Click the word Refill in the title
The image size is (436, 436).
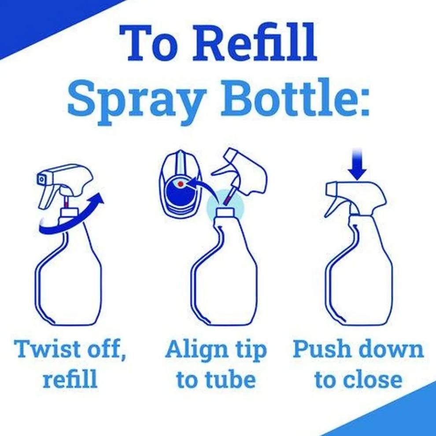pyautogui.click(x=254, y=43)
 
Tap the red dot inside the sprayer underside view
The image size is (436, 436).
pyautogui.click(x=181, y=184)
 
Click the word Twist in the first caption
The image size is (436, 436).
pyautogui.click(x=48, y=349)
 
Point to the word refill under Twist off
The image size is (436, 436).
pyautogui.click(x=70, y=379)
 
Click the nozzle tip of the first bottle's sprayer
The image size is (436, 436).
pyautogui.click(x=41, y=180)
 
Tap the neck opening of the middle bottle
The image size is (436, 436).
pyautogui.click(x=225, y=213)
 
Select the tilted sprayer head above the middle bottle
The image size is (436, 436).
pyautogui.click(x=240, y=172)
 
